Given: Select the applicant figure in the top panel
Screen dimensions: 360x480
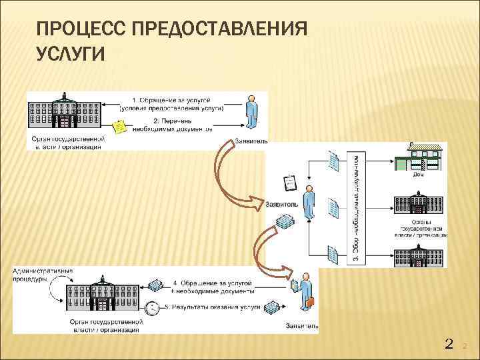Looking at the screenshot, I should click(251, 112).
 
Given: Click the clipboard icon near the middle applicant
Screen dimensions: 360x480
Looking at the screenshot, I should click(290, 182).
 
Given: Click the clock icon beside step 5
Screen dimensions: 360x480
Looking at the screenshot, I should click(152, 308).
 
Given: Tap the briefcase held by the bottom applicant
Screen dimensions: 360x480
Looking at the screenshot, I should click(310, 303).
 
